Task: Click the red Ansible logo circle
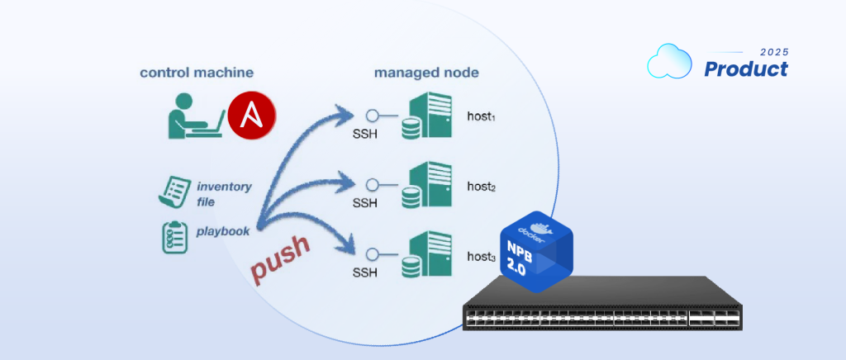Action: (252, 116)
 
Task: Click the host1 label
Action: (481, 117)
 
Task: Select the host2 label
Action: (481, 187)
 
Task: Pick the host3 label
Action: (481, 258)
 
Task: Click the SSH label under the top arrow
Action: (364, 135)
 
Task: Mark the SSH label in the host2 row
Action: (364, 204)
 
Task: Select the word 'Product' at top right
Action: (745, 70)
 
